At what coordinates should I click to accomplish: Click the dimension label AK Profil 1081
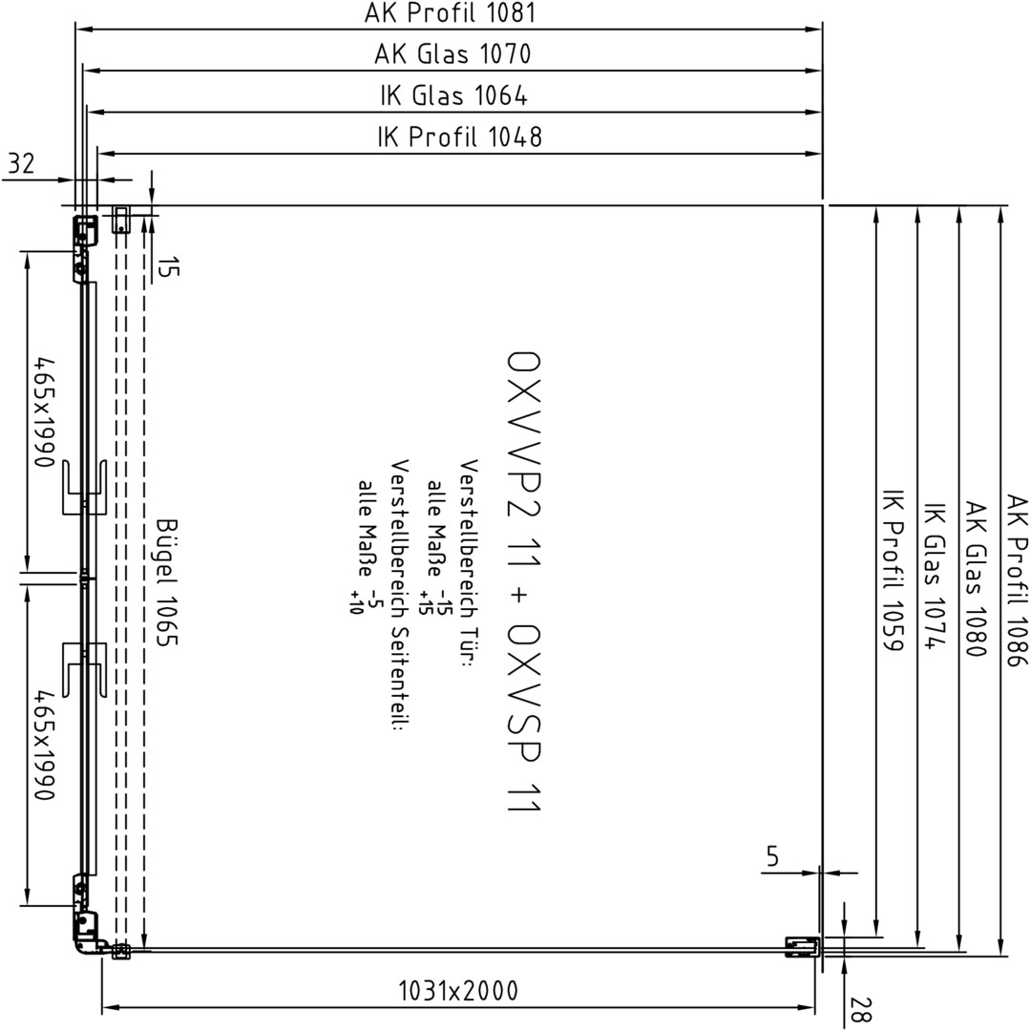[x=451, y=13]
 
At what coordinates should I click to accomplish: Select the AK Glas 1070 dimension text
[x=452, y=53]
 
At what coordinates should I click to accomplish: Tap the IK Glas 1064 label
[x=453, y=96]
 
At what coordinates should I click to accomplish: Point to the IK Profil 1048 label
[x=459, y=137]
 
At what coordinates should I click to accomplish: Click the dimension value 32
[x=20, y=163]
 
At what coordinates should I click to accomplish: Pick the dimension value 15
[x=168, y=267]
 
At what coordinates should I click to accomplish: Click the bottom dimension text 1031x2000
[x=458, y=990]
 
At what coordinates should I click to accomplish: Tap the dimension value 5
[x=772, y=856]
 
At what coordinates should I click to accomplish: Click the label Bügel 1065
[x=168, y=582]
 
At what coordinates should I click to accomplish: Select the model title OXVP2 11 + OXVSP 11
[x=524, y=582]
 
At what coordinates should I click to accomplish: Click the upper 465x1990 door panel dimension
[x=45, y=412]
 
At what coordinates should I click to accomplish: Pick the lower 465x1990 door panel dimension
[x=45, y=745]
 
